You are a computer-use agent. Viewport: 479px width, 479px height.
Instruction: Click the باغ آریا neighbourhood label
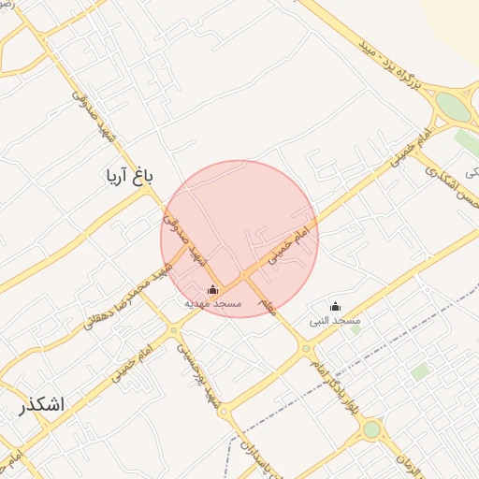[x=129, y=176]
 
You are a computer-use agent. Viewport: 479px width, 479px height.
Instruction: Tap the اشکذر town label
[x=41, y=405]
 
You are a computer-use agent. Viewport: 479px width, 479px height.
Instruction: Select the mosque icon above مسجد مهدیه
[x=212, y=289]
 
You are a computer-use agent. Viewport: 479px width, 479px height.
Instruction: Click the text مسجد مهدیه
[x=212, y=304]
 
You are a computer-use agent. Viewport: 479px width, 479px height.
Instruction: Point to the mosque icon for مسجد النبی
[x=336, y=307]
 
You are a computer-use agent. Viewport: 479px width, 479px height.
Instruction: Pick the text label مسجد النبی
[x=335, y=321]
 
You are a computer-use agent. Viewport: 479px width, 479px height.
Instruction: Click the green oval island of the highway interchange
[x=454, y=107]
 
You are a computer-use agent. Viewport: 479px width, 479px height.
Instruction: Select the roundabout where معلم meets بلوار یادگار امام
[x=306, y=349]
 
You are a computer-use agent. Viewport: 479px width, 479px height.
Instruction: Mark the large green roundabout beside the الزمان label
[x=372, y=429]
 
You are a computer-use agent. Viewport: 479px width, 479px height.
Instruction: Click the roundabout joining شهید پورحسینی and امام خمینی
[x=173, y=329]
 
